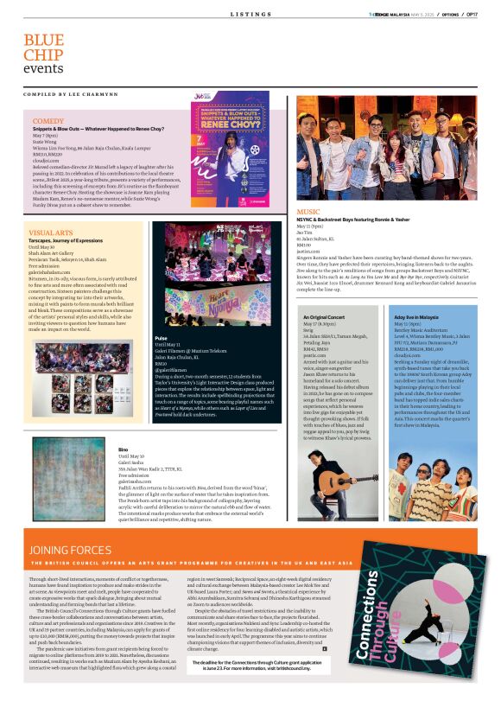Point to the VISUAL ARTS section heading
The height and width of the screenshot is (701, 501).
pyautogui.click(x=50, y=233)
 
